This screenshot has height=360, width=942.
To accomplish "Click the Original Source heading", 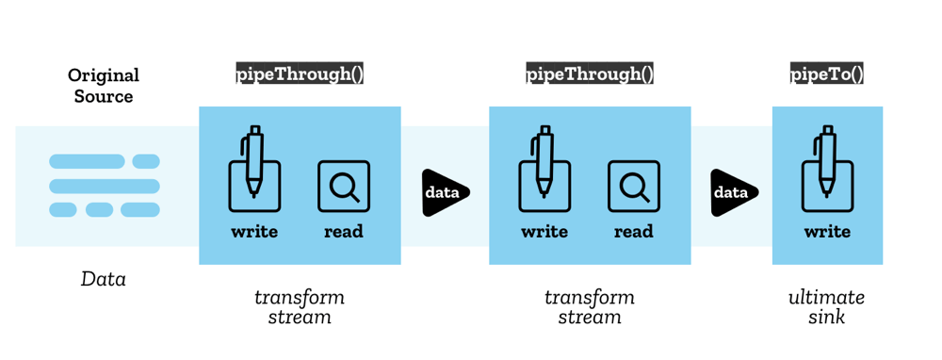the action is point(104,85).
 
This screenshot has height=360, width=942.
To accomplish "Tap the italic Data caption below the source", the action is point(104,279).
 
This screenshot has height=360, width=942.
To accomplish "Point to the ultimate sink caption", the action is point(826,307).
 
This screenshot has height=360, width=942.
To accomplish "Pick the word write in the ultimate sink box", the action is point(827,232).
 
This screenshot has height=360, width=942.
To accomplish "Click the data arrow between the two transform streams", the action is point(444,192).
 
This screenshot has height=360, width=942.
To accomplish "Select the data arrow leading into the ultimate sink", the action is point(733,192).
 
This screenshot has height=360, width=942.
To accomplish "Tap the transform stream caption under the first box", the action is point(300,307).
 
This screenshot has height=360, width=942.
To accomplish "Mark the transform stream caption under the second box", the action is point(590,307).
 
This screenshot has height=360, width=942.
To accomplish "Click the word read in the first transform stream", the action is point(344,232).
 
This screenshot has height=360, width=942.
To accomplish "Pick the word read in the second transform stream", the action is point(634,232).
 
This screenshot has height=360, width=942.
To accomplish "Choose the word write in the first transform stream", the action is point(254,232).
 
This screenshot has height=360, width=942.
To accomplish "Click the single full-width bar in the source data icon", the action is point(104,186).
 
